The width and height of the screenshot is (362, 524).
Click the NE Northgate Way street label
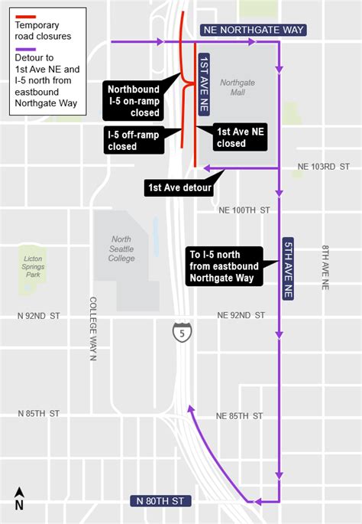pyautogui.click(x=254, y=30)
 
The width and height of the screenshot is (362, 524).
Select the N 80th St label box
pyautogui.click(x=160, y=501)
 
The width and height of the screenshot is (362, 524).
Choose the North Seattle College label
pyautogui.click(x=121, y=249)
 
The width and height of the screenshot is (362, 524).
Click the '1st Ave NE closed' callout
pyautogui.click(x=241, y=137)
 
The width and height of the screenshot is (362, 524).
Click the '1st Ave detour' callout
pyautogui.click(x=180, y=187)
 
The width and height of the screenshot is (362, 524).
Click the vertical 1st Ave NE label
pyautogui.click(x=204, y=85)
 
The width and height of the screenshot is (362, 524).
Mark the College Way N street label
pyautogui.click(x=93, y=327)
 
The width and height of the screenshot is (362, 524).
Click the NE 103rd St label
pyautogui.click(x=323, y=166)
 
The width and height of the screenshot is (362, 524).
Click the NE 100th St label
pyautogui.click(x=244, y=210)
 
